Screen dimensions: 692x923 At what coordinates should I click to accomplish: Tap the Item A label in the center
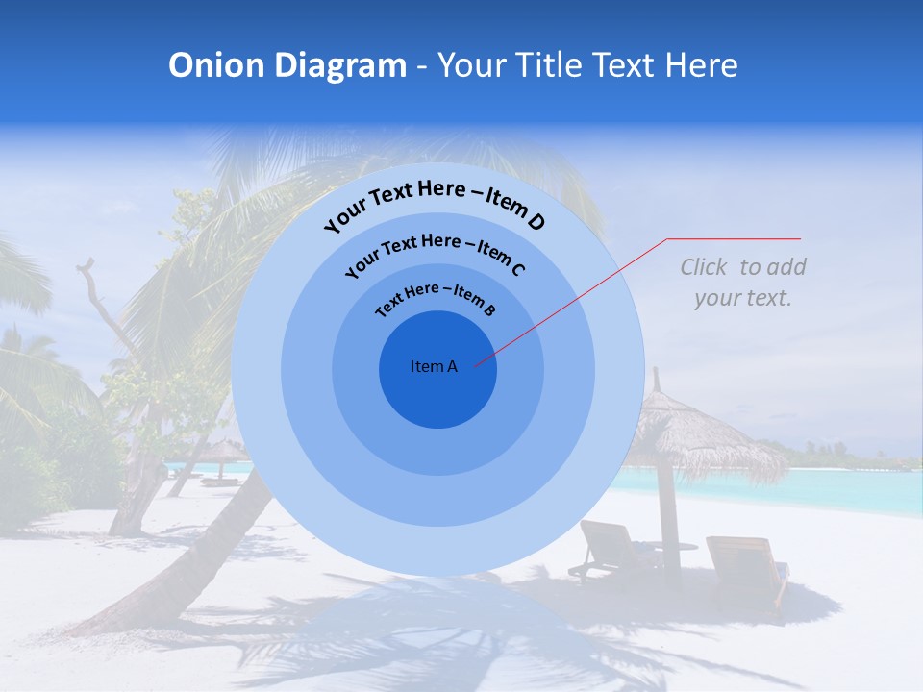[x=434, y=366]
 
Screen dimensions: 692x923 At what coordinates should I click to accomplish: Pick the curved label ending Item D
[x=435, y=204]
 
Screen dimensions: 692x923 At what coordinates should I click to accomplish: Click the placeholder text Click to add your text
[x=742, y=283]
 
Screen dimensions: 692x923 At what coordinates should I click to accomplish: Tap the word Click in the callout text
[x=705, y=267]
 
